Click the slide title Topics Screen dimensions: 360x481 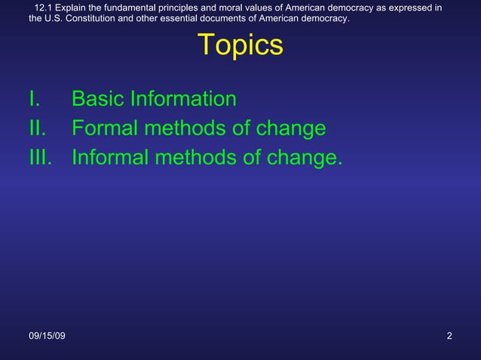click(x=240, y=46)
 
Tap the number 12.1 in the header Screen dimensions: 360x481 click(x=44, y=8)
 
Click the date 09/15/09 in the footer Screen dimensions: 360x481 click(x=47, y=335)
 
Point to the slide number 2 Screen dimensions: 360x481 click(x=449, y=335)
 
